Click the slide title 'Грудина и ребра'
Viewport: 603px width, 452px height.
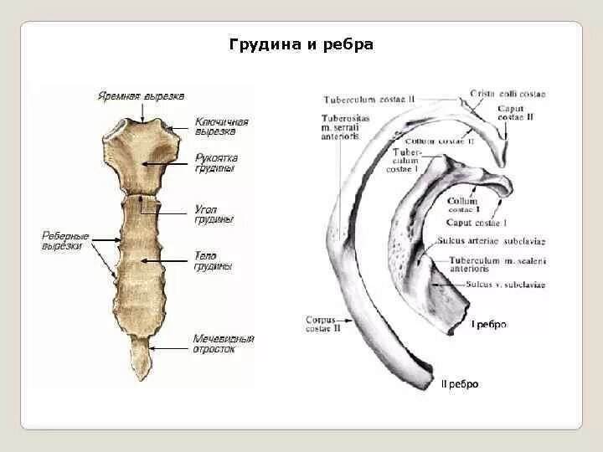(301, 44)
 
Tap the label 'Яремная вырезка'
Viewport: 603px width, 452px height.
(140, 96)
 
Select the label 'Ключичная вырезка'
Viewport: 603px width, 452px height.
(221, 126)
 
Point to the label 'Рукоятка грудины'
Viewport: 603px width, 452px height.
(216, 163)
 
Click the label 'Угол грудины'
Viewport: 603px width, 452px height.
(214, 213)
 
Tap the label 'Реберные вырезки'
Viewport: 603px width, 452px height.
(65, 241)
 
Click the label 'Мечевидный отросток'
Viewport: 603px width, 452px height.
(224, 343)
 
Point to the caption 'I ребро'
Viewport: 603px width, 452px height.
(489, 324)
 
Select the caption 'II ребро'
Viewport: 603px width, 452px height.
(460, 384)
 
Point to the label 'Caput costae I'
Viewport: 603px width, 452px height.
(477, 223)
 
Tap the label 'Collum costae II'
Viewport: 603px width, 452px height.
(445, 141)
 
